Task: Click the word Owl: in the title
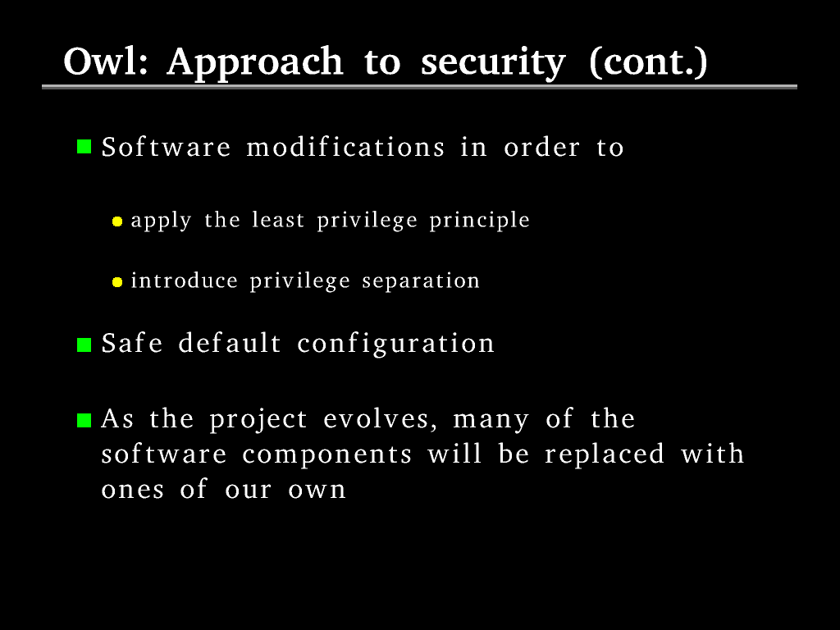coord(106,61)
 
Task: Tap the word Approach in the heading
coord(254,64)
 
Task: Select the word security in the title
coord(493,64)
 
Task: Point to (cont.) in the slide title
coord(648,62)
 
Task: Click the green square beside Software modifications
coord(84,147)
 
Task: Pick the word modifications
coord(345,147)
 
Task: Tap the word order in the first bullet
coord(541,148)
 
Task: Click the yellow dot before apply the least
coord(117,221)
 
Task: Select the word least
coord(278,220)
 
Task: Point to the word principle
coord(479,221)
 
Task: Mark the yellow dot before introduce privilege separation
coord(117,282)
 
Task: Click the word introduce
coord(185,281)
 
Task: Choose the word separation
coord(421,281)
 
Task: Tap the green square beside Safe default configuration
coord(84,345)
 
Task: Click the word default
coord(230,343)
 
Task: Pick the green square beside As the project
coord(84,421)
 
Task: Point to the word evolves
coord(381,419)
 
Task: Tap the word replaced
coord(605,454)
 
